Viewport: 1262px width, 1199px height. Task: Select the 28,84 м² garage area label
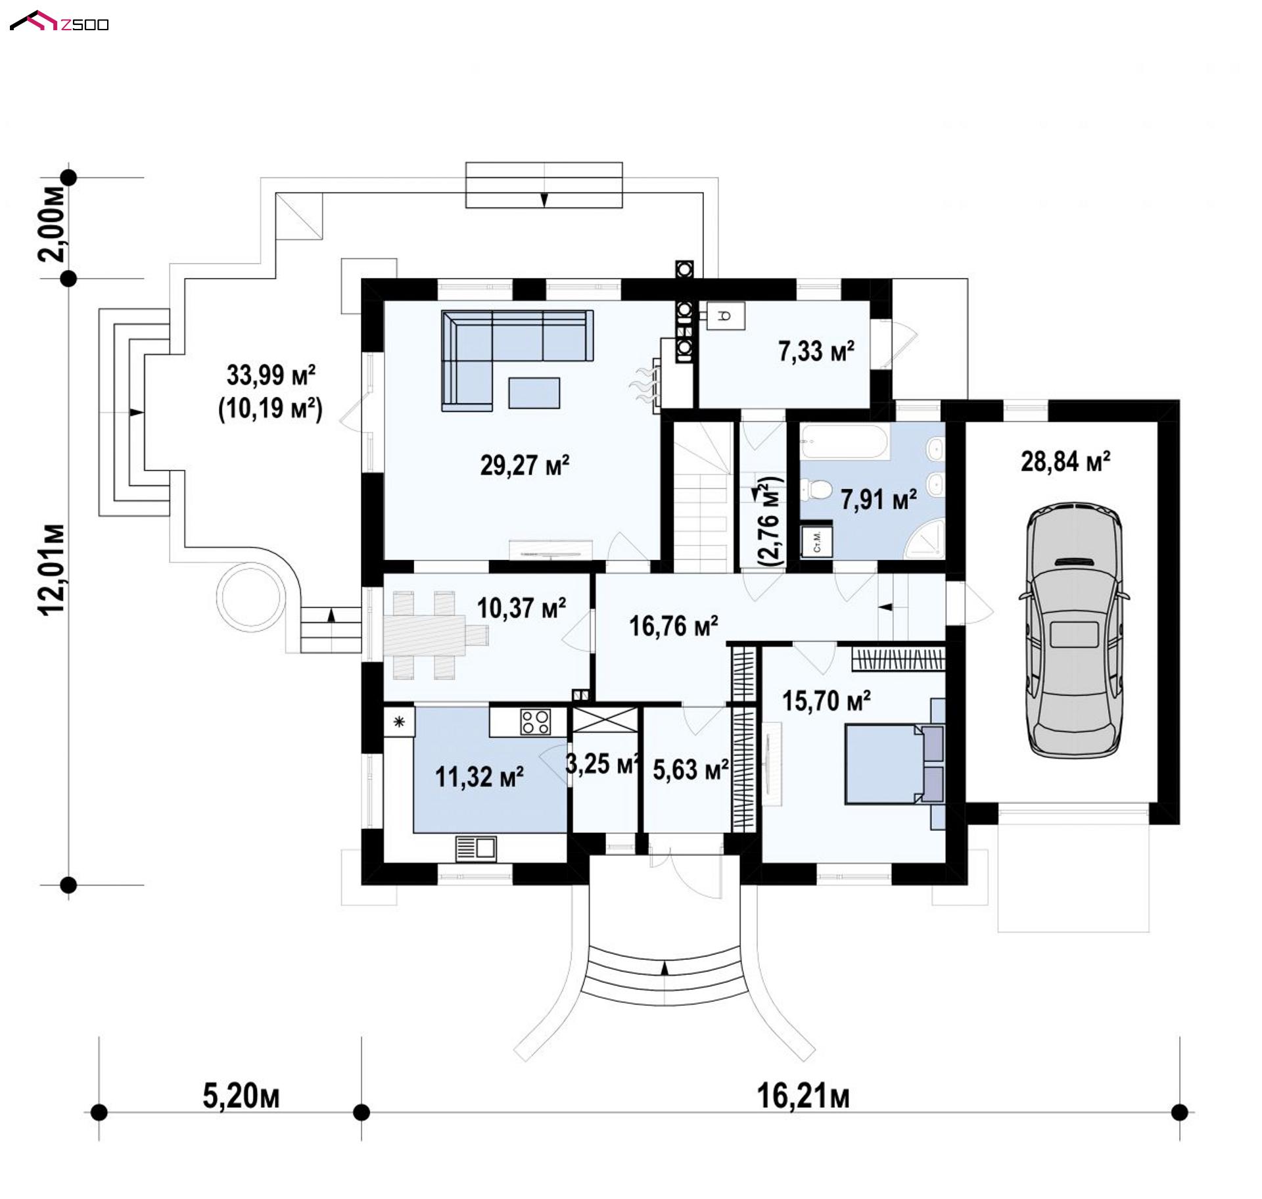1065,461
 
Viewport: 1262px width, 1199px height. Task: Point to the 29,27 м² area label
525,465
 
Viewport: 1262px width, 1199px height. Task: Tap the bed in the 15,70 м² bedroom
895,763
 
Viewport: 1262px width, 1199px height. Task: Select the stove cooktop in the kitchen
536,721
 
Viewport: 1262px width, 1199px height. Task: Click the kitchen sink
476,847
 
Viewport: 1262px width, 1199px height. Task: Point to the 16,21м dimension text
803,1096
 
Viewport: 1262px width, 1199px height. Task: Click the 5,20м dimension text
241,1096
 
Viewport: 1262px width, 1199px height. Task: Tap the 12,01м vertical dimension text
53,570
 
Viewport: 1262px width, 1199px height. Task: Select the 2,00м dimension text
53,224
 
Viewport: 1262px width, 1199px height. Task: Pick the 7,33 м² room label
816,351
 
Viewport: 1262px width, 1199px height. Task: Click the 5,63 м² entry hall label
691,769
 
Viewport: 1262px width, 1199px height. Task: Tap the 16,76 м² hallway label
674,626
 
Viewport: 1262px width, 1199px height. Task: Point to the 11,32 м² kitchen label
479,776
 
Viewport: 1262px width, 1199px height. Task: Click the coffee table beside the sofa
534,393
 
